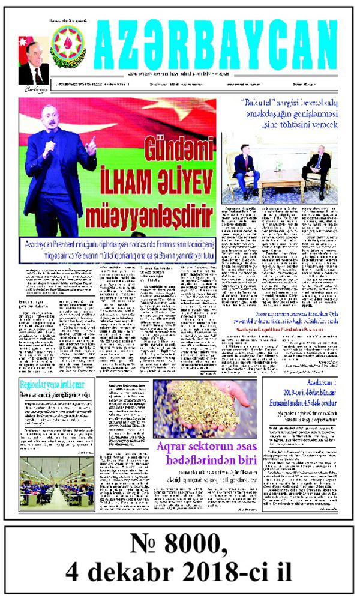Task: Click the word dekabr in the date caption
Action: click(148, 572)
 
